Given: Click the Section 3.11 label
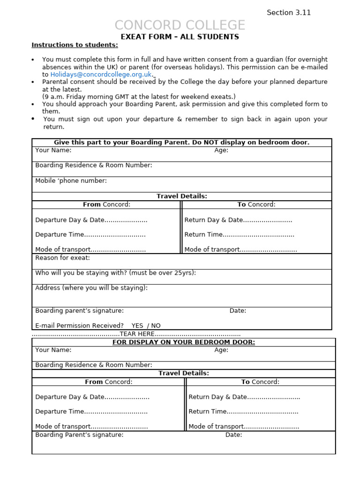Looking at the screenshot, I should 289,13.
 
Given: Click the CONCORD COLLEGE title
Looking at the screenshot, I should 180,25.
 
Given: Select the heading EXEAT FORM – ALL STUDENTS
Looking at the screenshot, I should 180,37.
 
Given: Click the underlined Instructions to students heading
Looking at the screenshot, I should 75,45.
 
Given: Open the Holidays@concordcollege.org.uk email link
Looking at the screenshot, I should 101,74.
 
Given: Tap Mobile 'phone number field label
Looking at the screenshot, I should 71,180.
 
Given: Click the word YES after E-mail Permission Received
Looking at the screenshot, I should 137,325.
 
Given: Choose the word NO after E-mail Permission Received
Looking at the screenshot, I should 156,325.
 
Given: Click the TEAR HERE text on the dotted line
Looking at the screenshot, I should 137,334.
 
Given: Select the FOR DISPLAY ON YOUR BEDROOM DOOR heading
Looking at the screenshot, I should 184,342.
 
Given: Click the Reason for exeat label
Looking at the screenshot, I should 62,258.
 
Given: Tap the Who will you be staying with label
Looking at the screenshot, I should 115,273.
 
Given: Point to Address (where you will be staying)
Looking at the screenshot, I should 91,288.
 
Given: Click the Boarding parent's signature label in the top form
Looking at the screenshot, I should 79,310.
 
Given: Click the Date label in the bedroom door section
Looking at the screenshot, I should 233,435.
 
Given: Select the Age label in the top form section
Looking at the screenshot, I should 221,150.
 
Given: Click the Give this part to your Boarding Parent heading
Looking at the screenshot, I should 181,142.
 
